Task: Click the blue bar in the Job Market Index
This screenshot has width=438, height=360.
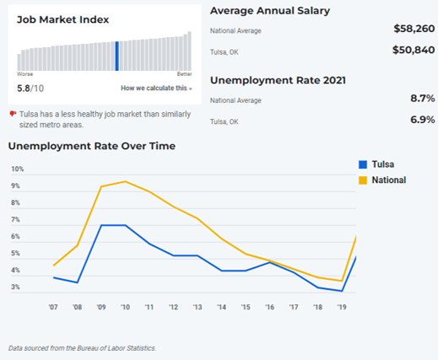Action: click(117, 56)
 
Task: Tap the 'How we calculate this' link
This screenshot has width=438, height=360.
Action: click(156, 89)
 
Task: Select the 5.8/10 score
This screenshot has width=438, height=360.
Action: click(30, 89)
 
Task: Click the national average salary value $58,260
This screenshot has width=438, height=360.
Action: click(414, 29)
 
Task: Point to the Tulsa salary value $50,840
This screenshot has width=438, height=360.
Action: click(414, 50)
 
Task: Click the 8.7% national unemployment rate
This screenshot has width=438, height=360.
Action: click(423, 99)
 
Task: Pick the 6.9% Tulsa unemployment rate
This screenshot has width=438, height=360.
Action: click(423, 120)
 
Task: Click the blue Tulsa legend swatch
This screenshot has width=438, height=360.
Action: click(363, 164)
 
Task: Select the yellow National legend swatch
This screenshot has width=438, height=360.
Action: click(363, 180)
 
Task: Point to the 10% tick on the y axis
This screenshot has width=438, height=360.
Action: click(18, 169)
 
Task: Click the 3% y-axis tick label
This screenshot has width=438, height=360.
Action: click(15, 287)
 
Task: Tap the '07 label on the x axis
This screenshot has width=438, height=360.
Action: click(53, 307)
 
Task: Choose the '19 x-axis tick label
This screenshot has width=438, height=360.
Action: click(342, 307)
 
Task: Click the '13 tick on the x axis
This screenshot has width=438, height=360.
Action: click(197, 307)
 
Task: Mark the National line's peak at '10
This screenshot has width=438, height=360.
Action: click(125, 181)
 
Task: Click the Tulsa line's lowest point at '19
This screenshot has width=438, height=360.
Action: click(342, 291)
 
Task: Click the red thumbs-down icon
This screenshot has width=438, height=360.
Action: click(13, 114)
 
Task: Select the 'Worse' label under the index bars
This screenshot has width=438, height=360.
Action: click(25, 74)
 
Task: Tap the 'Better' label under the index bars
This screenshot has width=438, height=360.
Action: click(185, 74)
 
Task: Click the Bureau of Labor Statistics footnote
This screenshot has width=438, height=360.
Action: click(82, 348)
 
